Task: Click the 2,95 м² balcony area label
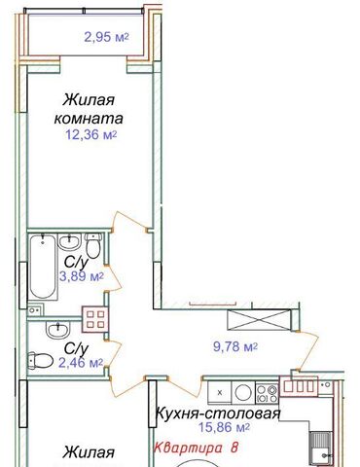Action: click(x=106, y=37)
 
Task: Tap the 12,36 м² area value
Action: click(x=91, y=134)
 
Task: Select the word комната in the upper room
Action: click(x=89, y=119)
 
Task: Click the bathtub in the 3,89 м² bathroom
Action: click(x=43, y=268)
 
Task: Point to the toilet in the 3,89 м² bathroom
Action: click(x=93, y=246)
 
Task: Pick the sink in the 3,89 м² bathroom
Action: click(x=68, y=241)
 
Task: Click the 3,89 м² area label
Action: click(x=82, y=277)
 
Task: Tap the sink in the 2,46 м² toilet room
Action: click(x=57, y=330)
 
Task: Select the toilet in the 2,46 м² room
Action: click(x=40, y=361)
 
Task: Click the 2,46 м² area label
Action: click(x=81, y=363)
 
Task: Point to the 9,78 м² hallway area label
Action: click(x=235, y=346)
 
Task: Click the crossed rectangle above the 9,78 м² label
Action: click(x=259, y=320)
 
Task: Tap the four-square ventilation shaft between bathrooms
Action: click(x=94, y=319)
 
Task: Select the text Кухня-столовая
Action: click(x=218, y=413)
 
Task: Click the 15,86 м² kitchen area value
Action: click(x=225, y=427)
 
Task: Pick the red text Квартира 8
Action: click(x=196, y=448)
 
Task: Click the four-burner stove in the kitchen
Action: click(x=268, y=393)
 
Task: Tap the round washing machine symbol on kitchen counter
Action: click(x=243, y=393)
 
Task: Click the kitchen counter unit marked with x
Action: click(x=220, y=393)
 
